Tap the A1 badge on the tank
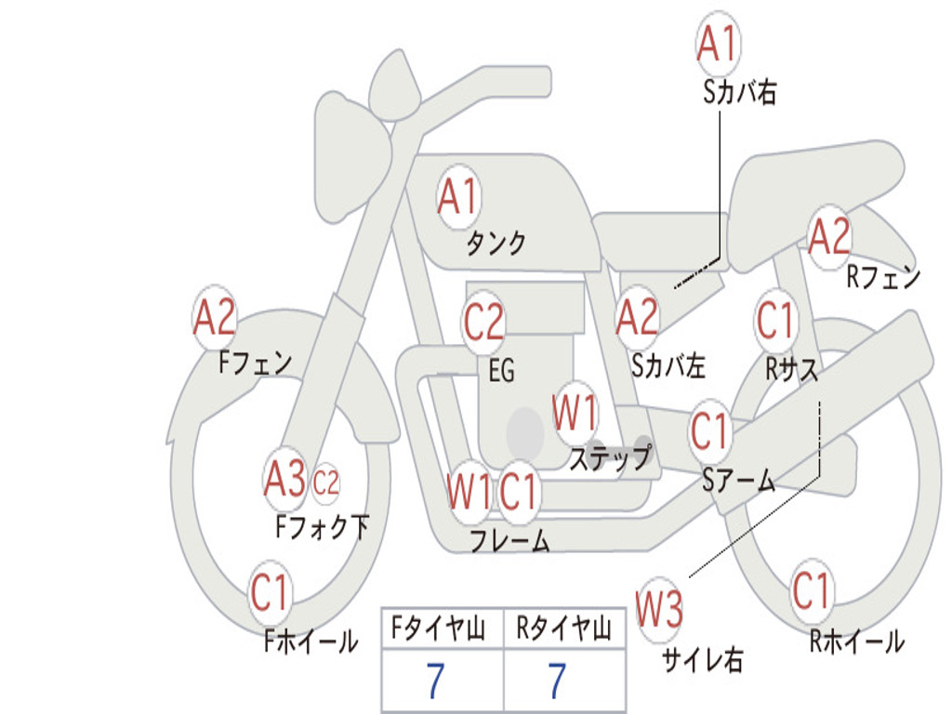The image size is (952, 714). click(457, 197)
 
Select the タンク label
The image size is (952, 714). click(496, 244)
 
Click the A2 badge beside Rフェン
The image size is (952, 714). click(829, 236)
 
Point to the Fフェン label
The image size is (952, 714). click(255, 362)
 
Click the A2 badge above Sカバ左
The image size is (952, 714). click(638, 317)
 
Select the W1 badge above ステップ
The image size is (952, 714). click(575, 413)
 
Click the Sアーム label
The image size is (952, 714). click(738, 480)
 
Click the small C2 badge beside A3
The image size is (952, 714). click(325, 483)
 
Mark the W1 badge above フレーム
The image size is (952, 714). click(469, 491)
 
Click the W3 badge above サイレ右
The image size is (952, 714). click(659, 610)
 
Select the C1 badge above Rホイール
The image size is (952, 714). click(812, 590)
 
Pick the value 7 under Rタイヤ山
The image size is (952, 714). click(557, 681)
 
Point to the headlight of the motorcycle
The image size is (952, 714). click(349, 155)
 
